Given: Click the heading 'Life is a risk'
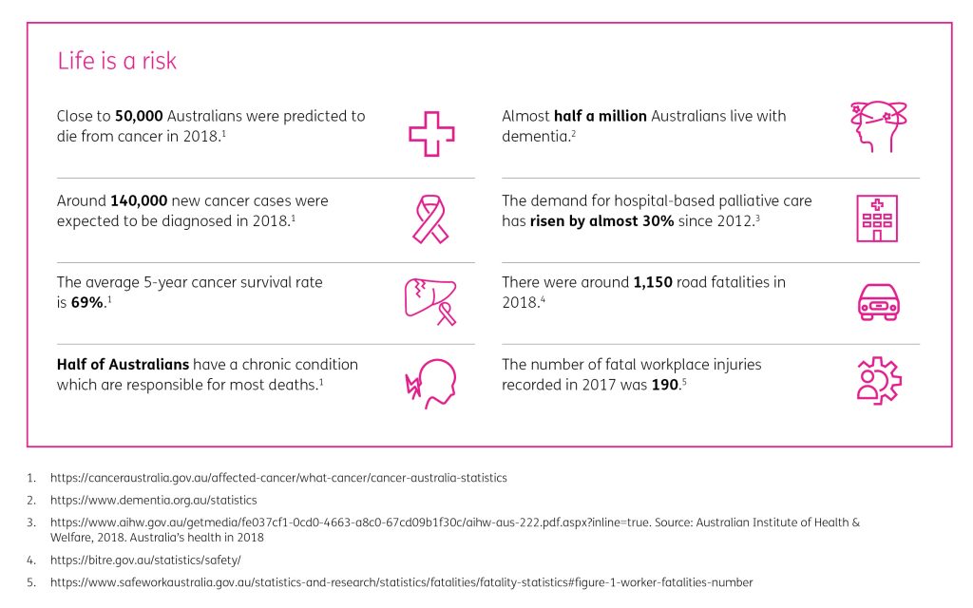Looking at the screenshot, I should [x=117, y=62].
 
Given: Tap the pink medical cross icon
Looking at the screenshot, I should [x=431, y=133].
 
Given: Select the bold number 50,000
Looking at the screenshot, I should [x=140, y=116].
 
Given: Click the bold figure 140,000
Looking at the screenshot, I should [x=140, y=201].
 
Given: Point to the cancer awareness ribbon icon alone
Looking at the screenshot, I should [x=431, y=218].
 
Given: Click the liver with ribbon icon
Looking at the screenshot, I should [x=429, y=301].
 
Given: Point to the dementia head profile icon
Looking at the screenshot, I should [x=877, y=127].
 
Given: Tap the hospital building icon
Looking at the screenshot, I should [x=876, y=218].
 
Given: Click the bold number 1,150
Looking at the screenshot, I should [x=661, y=282].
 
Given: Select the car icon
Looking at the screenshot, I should [x=877, y=301].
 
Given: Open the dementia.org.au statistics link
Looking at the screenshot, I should [x=154, y=500].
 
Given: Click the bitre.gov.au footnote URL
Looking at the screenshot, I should [x=145, y=560].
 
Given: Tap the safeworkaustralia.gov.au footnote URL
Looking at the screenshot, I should [x=401, y=581].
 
